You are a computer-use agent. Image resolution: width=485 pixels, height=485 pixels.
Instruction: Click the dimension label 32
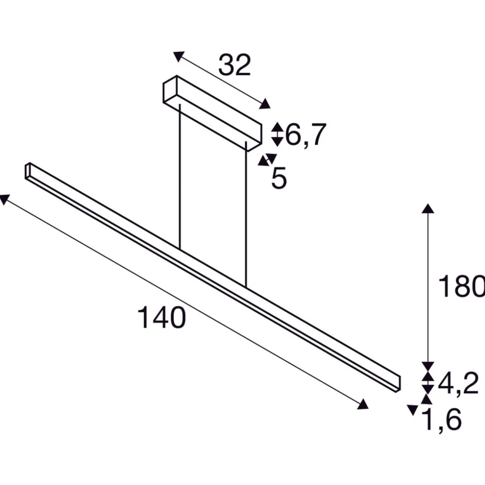(235, 66)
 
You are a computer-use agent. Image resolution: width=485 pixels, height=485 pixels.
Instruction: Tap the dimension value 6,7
(305, 135)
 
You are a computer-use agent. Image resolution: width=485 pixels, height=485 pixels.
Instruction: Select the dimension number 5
(279, 178)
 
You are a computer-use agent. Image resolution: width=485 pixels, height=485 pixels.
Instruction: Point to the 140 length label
(162, 317)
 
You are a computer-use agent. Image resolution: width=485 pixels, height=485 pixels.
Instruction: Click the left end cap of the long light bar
(27, 171)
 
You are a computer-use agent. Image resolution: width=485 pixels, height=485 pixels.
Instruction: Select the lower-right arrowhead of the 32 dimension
(265, 104)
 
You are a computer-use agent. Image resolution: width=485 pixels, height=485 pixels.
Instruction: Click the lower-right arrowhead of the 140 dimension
(363, 404)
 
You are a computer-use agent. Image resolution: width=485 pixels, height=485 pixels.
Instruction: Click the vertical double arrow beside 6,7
(277, 134)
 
